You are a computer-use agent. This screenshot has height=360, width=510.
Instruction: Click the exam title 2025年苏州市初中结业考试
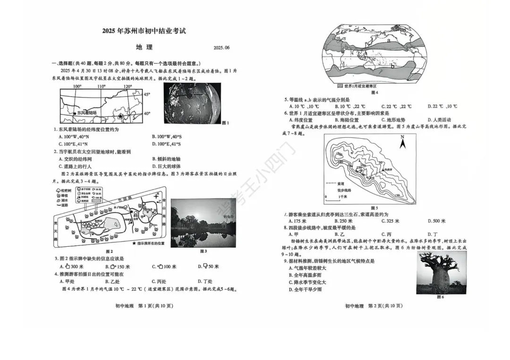(x=144, y=32)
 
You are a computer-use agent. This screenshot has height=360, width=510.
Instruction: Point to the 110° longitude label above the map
(x=102, y=87)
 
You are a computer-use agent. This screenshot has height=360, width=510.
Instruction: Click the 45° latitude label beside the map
(x=147, y=94)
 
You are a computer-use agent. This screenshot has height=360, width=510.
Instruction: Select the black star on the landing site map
(x=121, y=116)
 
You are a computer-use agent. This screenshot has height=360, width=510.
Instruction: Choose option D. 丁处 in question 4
(x=205, y=281)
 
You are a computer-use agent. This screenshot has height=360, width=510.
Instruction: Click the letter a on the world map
(x=388, y=41)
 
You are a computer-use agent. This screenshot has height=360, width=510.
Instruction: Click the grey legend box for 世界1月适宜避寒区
(x=340, y=86)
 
